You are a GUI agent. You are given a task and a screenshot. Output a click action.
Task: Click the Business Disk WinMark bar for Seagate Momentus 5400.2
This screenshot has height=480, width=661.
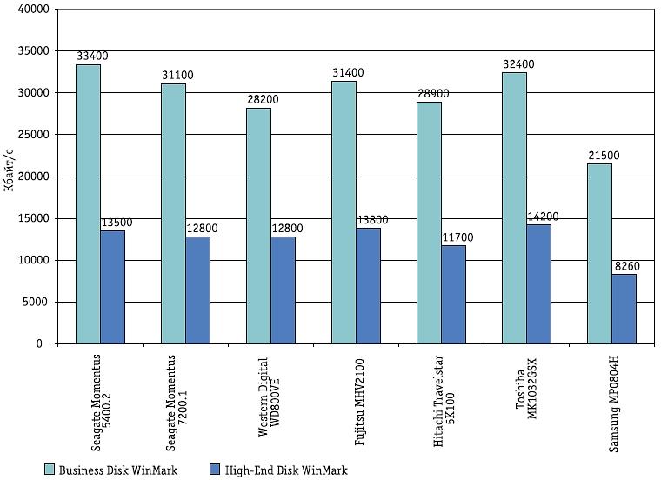(88, 204)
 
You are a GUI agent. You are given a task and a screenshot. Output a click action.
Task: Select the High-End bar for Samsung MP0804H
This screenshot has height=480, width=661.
(624, 309)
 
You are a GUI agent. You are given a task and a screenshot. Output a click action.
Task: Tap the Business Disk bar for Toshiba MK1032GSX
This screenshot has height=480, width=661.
(514, 208)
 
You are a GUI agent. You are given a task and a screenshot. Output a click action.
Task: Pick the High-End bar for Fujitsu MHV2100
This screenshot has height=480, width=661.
(368, 286)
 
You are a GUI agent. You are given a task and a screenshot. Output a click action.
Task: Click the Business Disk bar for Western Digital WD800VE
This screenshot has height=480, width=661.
(258, 226)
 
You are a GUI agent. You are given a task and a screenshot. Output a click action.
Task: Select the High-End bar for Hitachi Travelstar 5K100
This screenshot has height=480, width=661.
(453, 295)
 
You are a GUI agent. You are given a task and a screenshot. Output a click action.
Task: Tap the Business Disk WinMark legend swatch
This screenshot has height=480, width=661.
(50, 470)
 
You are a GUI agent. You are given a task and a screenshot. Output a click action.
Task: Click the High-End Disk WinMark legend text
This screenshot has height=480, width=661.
(286, 470)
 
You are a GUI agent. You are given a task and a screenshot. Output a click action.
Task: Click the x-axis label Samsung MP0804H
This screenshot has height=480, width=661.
(613, 399)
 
